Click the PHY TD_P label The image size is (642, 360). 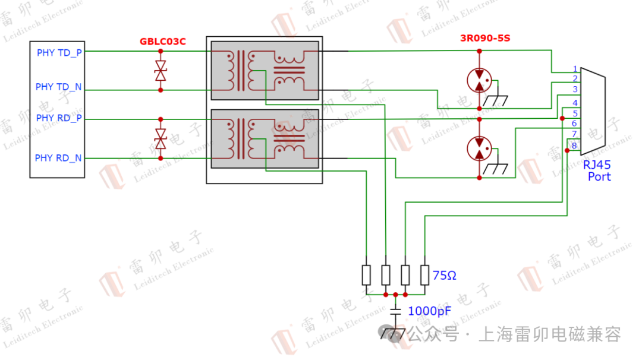[x=59, y=53]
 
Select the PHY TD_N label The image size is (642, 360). [x=59, y=87]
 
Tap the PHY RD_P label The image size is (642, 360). [x=59, y=118]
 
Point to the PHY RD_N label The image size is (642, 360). [x=58, y=158]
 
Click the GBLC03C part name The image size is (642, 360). [x=162, y=42]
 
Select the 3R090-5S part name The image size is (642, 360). [x=485, y=39]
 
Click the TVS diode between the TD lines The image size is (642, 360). [x=160, y=71]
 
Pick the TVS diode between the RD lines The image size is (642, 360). [x=160, y=139]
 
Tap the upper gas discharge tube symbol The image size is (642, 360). [x=479, y=80]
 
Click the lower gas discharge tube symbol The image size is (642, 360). [x=479, y=149]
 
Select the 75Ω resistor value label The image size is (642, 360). [x=445, y=276]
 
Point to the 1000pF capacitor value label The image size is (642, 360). [x=429, y=311]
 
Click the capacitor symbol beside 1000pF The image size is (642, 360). [x=396, y=311]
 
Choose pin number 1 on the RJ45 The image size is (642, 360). [x=575, y=70]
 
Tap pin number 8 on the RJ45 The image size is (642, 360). [x=574, y=146]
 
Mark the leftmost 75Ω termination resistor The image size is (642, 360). [x=366, y=275]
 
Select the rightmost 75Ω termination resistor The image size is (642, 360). [x=424, y=275]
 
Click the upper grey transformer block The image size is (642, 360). [x=265, y=70]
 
